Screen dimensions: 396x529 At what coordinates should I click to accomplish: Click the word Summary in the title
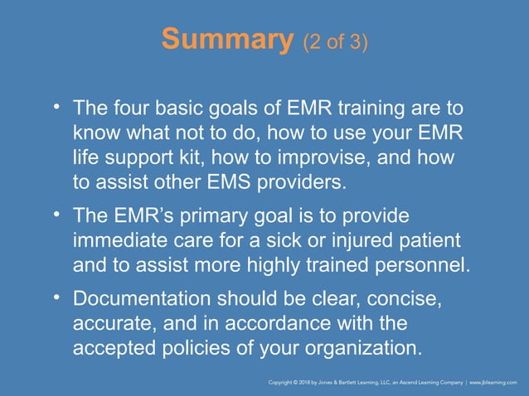point(224,40)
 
